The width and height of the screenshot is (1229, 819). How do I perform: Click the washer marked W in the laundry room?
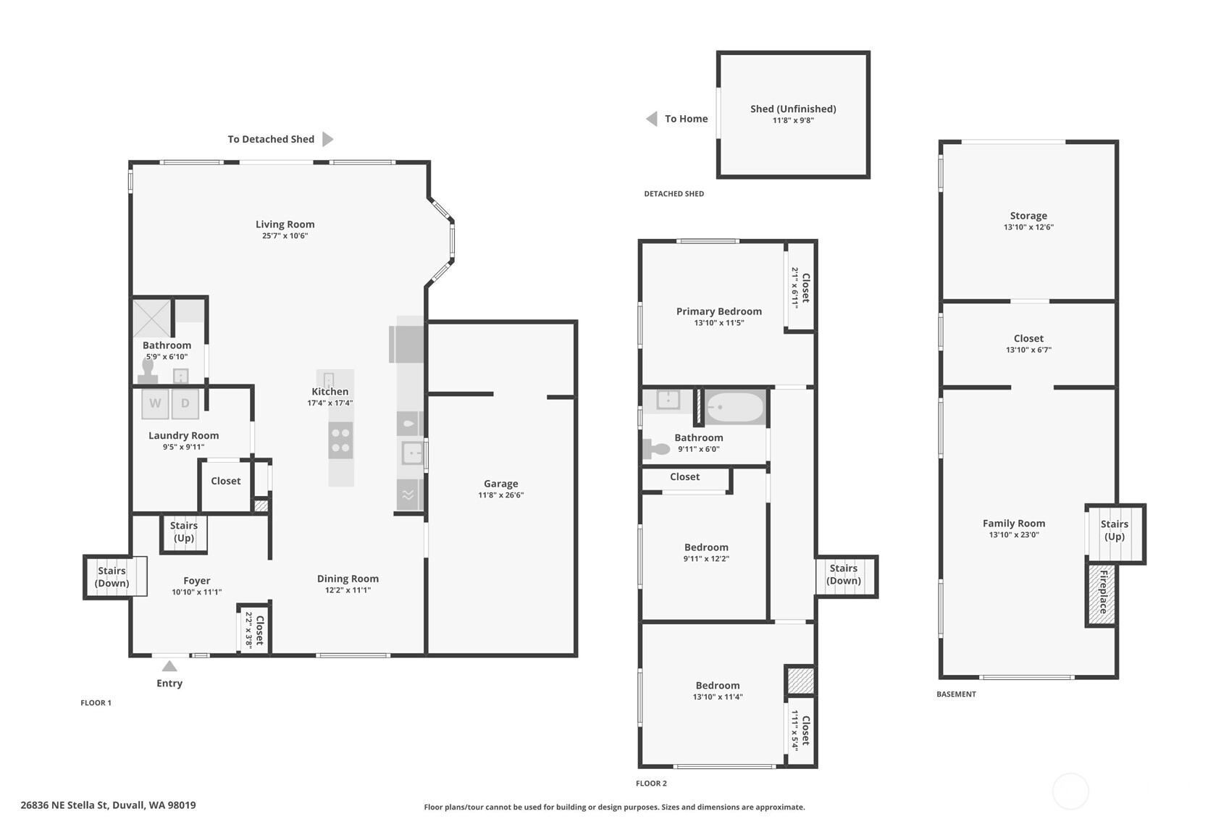pos(155,404)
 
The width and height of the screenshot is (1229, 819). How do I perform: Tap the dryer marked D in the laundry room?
pos(185,404)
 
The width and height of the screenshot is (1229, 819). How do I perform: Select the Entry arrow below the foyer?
pos(169,666)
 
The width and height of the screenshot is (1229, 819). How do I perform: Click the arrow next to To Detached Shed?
pos(327,139)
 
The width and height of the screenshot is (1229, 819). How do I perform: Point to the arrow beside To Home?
pos(652,119)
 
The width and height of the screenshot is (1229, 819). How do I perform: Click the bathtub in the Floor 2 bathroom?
pos(735,407)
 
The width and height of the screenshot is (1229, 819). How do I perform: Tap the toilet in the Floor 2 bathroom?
pos(655,449)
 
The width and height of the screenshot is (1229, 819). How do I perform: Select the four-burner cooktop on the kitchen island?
pos(340,440)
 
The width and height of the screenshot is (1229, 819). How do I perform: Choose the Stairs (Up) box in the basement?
pos(1115,534)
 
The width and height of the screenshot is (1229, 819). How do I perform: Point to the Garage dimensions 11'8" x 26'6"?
pos(501,495)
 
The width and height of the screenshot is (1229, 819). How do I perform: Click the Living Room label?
pos(285,224)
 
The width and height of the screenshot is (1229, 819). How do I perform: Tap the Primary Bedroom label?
pos(718,311)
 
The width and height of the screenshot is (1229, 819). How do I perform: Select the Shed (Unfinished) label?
pos(793,109)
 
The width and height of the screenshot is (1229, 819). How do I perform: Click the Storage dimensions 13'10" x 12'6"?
pos(1028,227)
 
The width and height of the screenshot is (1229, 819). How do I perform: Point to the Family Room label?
pos(1014,524)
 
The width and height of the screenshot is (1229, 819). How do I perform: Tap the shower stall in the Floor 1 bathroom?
pos(152,318)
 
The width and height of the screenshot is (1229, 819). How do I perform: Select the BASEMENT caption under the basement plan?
pos(956,694)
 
